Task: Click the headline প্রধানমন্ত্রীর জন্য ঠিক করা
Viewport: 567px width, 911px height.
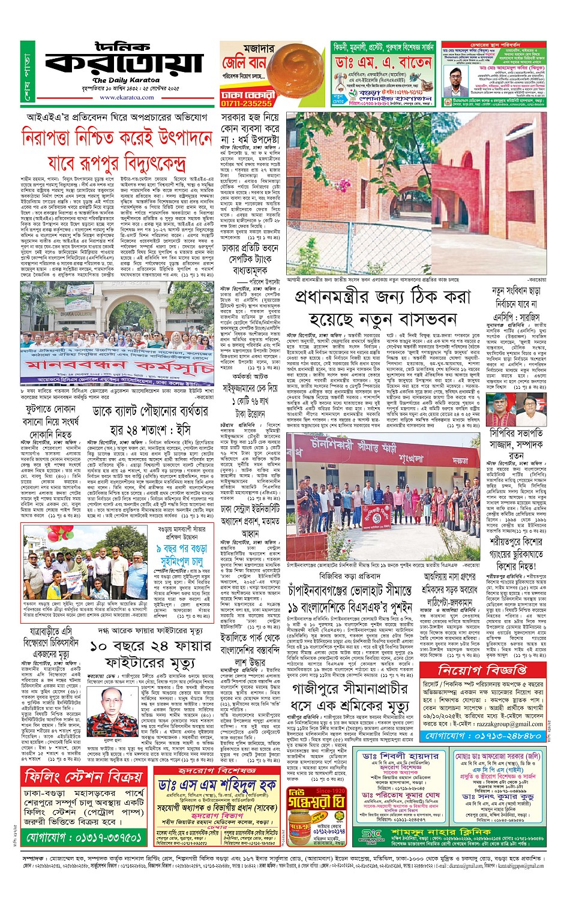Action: [x=382, y=297]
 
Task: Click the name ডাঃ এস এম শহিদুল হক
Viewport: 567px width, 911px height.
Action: [x=217, y=784]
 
